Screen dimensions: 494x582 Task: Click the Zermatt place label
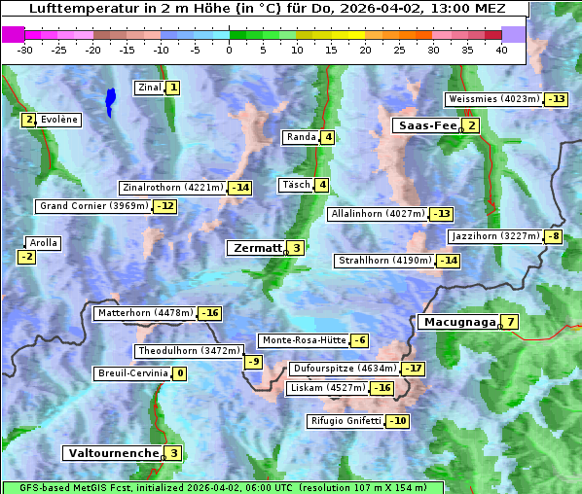257,248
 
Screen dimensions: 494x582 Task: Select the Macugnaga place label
457,322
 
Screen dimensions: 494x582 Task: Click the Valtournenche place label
112,453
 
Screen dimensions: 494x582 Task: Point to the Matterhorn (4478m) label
145,313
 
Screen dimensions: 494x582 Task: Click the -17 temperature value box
414,369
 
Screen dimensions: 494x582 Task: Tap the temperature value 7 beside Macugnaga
510,322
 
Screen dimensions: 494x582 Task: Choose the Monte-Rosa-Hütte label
303,340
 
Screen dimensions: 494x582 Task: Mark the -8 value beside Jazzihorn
554,236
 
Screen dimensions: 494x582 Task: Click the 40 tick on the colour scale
501,50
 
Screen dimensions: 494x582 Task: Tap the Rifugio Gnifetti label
346,421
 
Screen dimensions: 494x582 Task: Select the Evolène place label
59,120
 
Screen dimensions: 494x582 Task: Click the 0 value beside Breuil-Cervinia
179,373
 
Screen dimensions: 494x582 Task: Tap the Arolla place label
44,243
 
